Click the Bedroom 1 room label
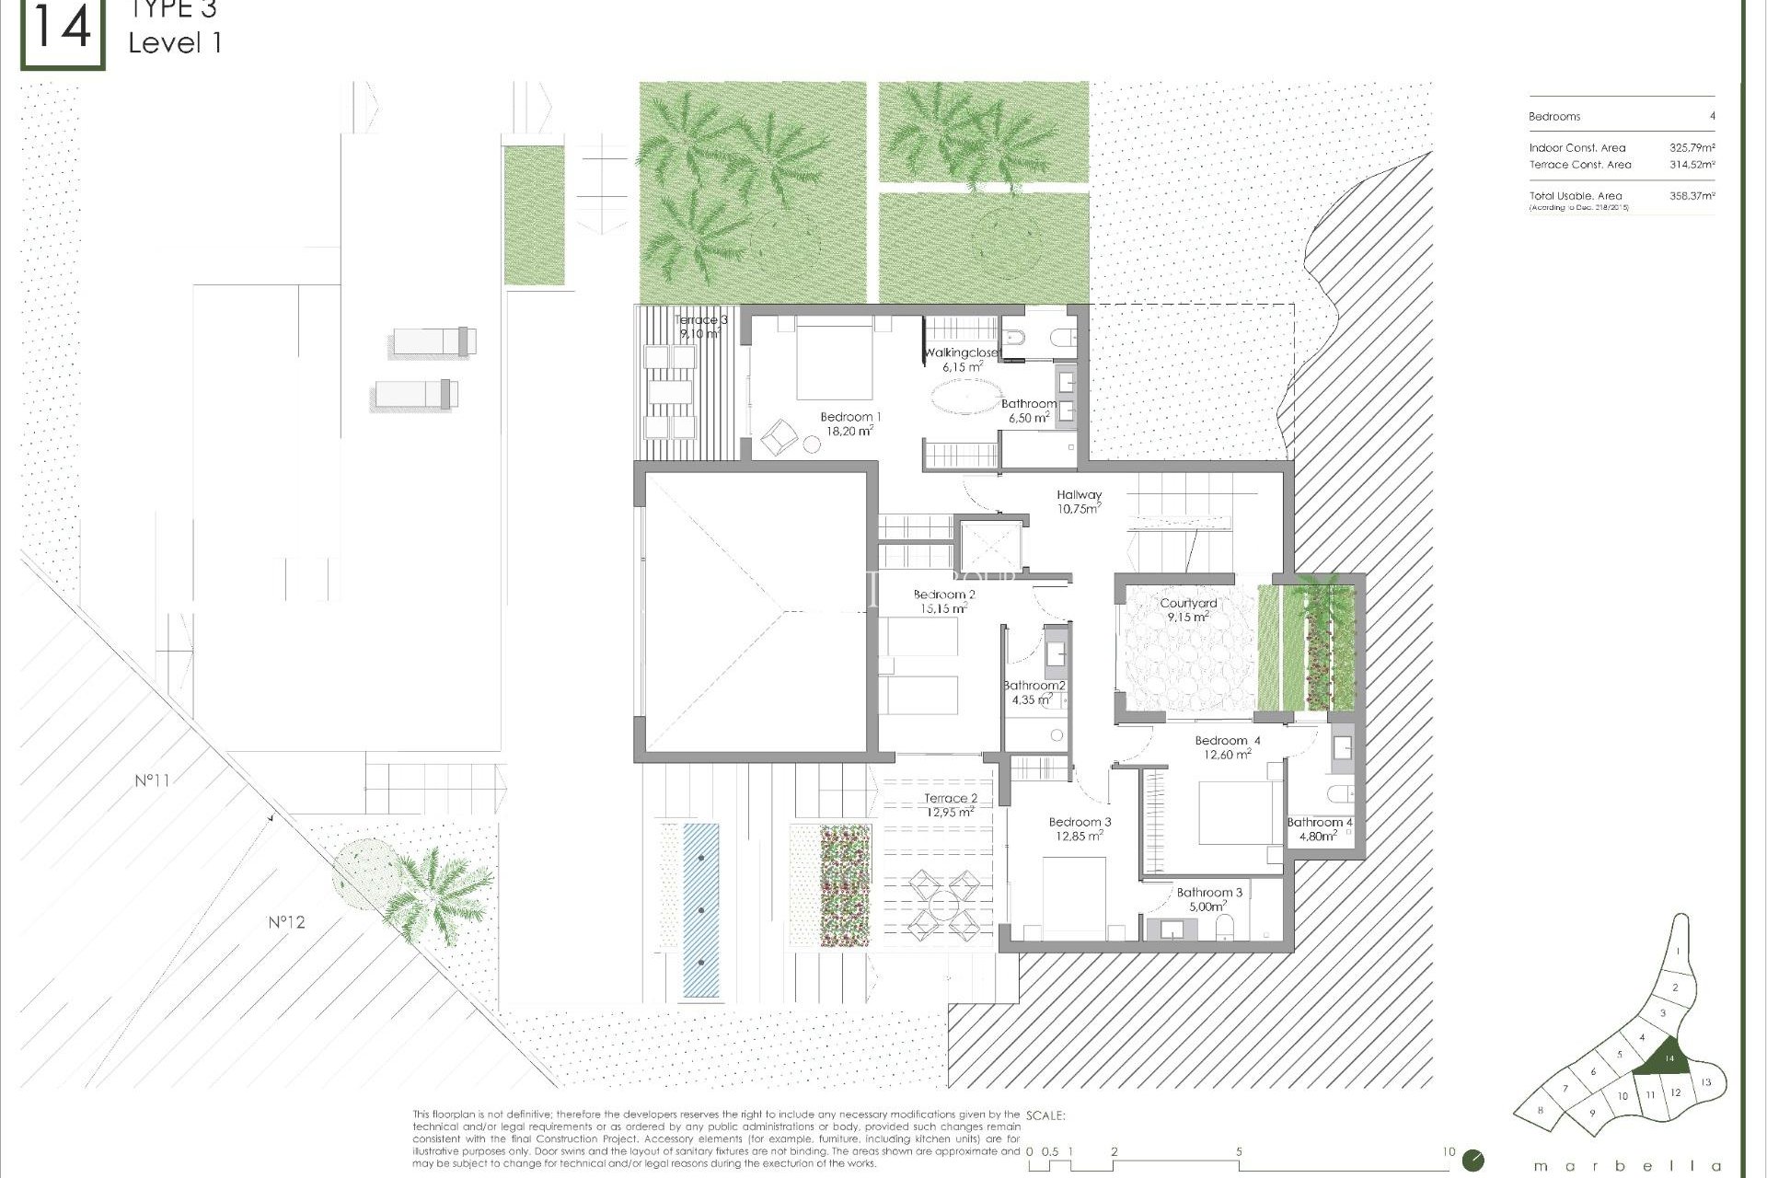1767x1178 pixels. tap(849, 417)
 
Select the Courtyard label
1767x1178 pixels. tap(1188, 604)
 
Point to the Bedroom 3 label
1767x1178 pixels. tap(1080, 822)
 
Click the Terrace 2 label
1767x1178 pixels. tap(951, 799)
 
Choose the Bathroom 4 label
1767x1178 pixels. tap(1319, 823)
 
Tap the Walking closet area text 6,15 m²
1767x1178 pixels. tap(962, 367)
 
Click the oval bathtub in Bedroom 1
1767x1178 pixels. tap(965, 398)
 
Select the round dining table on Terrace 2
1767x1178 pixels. tap(943, 906)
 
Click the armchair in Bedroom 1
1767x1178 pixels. tap(779, 435)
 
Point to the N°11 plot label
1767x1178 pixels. tap(152, 780)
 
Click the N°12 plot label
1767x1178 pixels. tap(286, 922)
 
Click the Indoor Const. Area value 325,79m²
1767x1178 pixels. tap(1692, 147)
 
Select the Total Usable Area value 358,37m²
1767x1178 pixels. tap(1692, 196)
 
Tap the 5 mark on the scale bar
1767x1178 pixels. tap(1239, 1152)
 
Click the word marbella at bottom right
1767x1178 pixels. tap(1627, 1166)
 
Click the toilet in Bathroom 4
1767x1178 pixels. tap(1339, 793)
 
